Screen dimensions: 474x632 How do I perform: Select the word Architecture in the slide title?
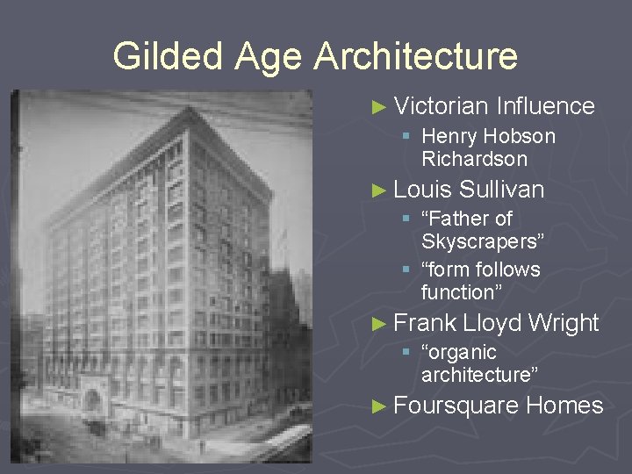[x=416, y=57]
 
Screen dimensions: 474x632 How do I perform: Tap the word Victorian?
[x=441, y=106]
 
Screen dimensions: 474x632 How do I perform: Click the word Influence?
[x=545, y=106]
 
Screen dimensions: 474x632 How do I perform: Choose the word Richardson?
[x=474, y=159]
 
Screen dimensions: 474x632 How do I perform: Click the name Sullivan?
[x=502, y=189]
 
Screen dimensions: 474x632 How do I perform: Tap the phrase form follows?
[x=480, y=269]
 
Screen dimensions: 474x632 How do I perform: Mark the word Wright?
[x=565, y=323]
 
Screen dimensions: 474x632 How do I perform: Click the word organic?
[x=459, y=352]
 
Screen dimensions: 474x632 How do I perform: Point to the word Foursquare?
[x=456, y=406]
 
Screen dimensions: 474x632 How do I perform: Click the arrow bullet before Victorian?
[x=378, y=107]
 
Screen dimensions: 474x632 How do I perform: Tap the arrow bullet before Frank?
[x=378, y=324]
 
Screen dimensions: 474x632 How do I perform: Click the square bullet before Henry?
[x=406, y=137]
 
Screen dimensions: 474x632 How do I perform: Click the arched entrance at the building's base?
[x=91, y=402]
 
